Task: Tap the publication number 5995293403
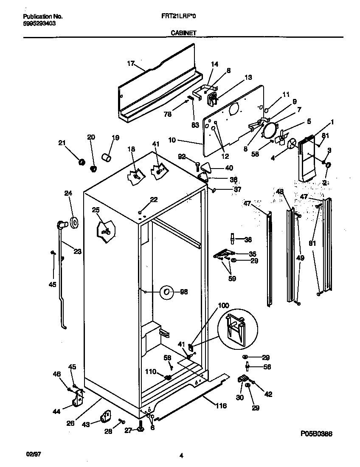[x=38, y=23]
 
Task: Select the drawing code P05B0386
[x=316, y=433]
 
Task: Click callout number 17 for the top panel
[x=130, y=64]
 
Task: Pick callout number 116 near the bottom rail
[x=221, y=406]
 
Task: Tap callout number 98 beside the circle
[x=183, y=292]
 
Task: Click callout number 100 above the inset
[x=223, y=305]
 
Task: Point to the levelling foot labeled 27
[x=141, y=429]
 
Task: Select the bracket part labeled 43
[x=105, y=416]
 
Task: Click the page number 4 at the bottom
[x=181, y=456]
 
